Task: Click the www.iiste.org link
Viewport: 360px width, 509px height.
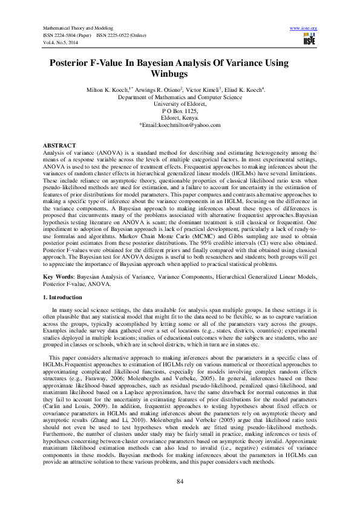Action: coord(304,28)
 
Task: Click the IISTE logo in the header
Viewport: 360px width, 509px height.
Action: coord(309,40)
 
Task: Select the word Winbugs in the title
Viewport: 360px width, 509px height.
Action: coord(180,74)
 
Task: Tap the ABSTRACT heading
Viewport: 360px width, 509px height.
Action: coord(59,146)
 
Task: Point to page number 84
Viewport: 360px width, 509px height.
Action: coord(180,481)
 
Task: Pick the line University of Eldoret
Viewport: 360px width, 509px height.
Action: coord(180,104)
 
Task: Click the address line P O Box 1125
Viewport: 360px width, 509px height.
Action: coord(180,111)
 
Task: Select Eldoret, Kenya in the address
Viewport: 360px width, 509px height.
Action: coord(180,118)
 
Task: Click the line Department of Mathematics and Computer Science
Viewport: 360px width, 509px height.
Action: coord(180,97)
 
